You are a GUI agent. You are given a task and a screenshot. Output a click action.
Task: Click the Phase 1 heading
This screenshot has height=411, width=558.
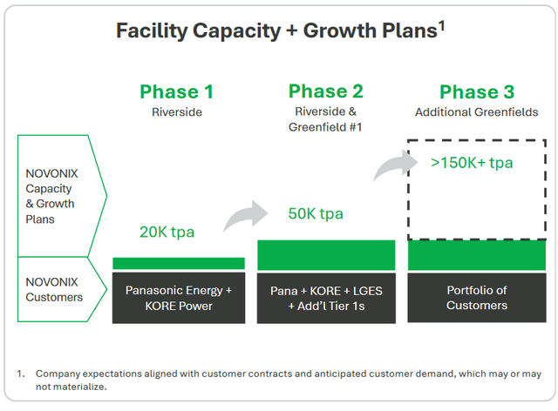click(177, 91)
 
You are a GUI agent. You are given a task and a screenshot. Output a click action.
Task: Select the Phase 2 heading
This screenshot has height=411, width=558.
click(326, 91)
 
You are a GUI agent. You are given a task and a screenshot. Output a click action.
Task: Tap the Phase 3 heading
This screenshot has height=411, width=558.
click(476, 92)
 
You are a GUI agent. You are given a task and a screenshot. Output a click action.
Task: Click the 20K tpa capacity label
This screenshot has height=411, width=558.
click(167, 232)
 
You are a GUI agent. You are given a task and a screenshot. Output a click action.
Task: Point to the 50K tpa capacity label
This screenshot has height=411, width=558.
click(316, 214)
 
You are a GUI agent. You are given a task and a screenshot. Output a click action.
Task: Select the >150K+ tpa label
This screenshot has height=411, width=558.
click(471, 162)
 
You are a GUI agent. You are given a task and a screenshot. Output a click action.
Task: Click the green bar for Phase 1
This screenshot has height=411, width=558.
click(178, 263)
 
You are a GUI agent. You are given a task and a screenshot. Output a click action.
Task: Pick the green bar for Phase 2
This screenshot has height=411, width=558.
click(326, 254)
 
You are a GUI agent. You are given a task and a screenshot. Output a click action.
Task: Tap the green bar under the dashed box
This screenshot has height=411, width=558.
click(476, 254)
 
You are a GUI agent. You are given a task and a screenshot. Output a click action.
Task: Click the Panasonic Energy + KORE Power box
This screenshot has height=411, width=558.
click(178, 298)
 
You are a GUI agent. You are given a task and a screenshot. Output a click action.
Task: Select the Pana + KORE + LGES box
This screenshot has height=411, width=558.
click(326, 298)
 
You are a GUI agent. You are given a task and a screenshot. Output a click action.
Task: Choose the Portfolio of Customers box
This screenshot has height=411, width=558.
click(476, 298)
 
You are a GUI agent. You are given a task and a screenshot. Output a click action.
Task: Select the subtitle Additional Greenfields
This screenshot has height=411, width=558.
click(476, 112)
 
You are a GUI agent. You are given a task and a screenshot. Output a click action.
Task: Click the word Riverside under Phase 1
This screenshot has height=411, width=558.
click(177, 111)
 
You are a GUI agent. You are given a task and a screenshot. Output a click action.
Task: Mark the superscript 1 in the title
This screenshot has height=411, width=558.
click(442, 26)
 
